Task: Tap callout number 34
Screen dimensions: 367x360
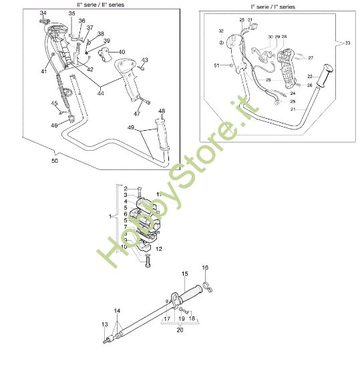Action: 43,13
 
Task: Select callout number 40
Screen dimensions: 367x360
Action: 121,51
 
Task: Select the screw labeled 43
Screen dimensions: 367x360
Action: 142,67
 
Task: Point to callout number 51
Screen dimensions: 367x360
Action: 217,65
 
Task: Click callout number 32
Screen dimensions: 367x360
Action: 221,31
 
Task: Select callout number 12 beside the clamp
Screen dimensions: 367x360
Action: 158,248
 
